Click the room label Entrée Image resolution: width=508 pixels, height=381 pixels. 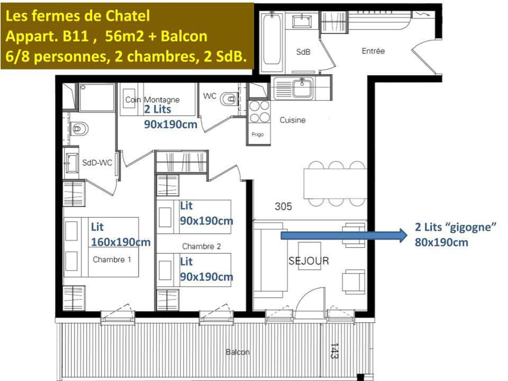373,51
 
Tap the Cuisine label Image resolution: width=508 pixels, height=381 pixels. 293,120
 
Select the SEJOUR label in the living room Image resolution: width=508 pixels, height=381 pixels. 309,261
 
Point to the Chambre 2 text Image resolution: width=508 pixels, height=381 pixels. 198,246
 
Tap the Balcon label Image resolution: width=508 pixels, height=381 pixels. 238,352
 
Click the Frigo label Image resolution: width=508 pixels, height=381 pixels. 258,134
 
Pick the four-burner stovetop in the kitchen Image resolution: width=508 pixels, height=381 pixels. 259,112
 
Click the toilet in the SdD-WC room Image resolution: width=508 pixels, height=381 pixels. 78,129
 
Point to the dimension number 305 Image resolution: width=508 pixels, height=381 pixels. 283,207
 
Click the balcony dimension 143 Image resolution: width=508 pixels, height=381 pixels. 334,351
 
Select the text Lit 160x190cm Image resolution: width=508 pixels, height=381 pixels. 120,234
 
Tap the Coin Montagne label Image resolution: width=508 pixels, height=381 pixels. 152,99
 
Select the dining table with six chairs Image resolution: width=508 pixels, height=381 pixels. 334,183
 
